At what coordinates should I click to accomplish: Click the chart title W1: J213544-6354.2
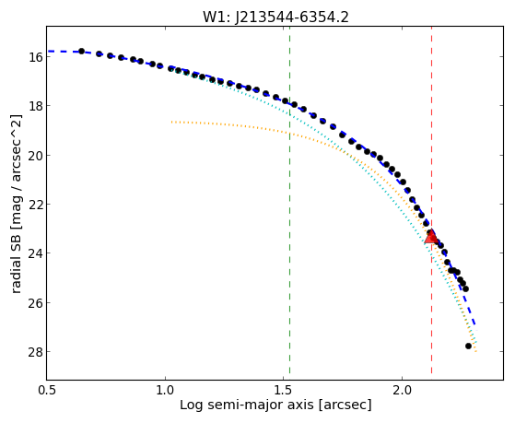click(x=275, y=17)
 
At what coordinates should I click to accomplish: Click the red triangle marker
click(x=431, y=236)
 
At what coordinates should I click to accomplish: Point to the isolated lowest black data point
click(x=468, y=347)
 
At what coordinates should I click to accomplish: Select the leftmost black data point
click(x=81, y=51)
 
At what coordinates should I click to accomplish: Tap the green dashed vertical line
click(x=289, y=200)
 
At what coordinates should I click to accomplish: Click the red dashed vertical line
click(x=431, y=200)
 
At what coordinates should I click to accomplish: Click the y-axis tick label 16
click(x=35, y=57)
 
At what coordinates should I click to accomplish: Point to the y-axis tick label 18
click(x=35, y=106)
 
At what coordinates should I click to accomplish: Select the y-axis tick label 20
click(x=35, y=155)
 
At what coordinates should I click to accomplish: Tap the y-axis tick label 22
click(x=35, y=205)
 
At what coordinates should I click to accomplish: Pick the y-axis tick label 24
click(x=35, y=253)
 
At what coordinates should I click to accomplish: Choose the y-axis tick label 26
click(x=35, y=302)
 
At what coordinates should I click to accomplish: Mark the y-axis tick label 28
click(x=35, y=352)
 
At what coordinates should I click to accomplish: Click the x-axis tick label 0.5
click(x=47, y=390)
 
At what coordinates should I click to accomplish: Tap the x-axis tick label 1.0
click(x=165, y=390)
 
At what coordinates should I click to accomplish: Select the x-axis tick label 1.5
click(x=284, y=390)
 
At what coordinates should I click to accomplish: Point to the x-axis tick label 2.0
click(x=402, y=390)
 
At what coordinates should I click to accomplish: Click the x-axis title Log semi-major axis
click(x=247, y=405)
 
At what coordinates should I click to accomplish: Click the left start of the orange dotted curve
click(x=171, y=122)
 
